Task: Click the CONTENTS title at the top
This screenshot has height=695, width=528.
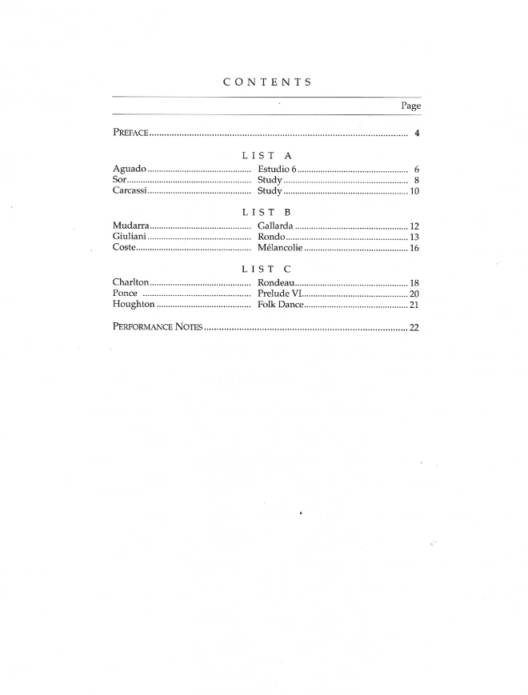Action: click(267, 82)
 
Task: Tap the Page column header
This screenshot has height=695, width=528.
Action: click(410, 106)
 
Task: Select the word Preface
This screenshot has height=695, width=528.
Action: click(130, 133)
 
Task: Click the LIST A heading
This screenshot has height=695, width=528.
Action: click(266, 155)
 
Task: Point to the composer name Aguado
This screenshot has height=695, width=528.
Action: click(129, 170)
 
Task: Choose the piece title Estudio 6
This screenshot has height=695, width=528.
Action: click(277, 170)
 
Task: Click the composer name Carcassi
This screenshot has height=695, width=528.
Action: click(130, 191)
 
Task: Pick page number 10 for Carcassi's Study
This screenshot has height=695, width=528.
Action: click(414, 192)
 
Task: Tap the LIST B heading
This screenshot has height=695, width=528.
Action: click(266, 212)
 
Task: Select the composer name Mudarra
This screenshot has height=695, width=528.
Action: click(131, 226)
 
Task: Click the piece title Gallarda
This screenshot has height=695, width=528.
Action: click(274, 226)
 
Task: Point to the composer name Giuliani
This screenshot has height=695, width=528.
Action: click(130, 237)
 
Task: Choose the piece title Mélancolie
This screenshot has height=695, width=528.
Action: click(280, 248)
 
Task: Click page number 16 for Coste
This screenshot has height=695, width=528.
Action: click(414, 249)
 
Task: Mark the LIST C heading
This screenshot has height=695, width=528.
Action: click(266, 269)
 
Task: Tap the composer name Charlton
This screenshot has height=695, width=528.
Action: click(131, 283)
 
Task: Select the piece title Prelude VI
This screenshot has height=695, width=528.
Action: click(279, 294)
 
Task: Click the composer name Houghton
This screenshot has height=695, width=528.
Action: click(134, 305)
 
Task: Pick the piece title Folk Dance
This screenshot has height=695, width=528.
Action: click(279, 305)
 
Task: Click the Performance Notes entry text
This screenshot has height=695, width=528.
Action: click(157, 327)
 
